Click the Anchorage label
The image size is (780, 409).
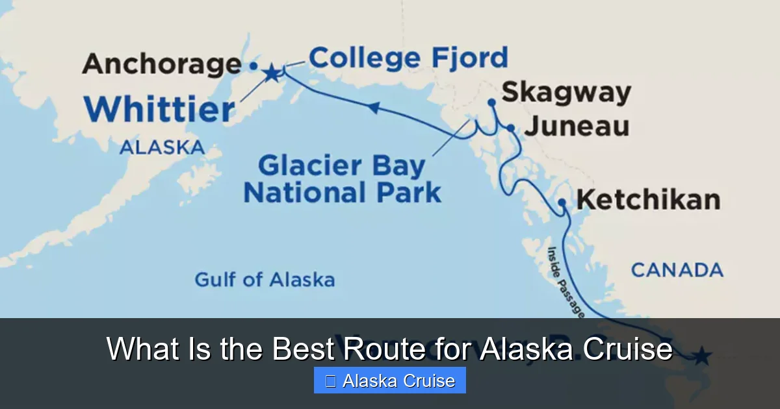point(162,64)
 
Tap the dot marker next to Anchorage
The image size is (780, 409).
point(253,66)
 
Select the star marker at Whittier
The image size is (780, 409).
point(271,73)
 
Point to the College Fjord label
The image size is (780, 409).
point(408,58)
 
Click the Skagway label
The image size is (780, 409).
point(566,92)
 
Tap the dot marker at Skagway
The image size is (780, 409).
point(491,102)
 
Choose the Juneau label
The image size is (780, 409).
point(577,126)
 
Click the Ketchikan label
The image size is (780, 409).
point(648,199)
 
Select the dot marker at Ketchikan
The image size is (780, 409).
point(562,204)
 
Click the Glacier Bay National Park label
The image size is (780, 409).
point(343,179)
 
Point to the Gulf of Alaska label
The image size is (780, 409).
point(265,280)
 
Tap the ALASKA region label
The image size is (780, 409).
point(162,147)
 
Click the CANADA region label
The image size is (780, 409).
point(677,269)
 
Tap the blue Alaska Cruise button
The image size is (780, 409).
point(389,380)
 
